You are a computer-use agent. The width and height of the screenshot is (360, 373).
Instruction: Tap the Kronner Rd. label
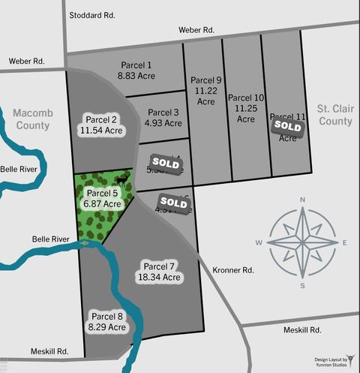[233, 269]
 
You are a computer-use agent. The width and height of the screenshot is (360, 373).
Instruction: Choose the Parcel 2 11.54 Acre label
[101, 125]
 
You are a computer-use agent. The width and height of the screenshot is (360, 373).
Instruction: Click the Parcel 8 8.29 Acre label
[106, 321]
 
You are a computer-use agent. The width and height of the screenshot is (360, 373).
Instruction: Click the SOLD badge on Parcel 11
[287, 126]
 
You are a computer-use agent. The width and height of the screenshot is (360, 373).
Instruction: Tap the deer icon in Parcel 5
[120, 180]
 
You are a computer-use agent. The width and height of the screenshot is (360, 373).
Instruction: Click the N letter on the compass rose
[302, 200]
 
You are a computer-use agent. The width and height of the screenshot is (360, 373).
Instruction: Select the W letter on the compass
[259, 242]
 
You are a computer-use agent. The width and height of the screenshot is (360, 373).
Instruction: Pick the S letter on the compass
[302, 285]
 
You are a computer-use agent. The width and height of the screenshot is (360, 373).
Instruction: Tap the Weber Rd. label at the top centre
[196, 30]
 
